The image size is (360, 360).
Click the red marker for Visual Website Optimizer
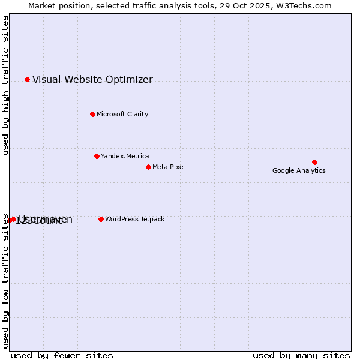click(x=27, y=79)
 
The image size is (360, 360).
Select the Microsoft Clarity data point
click(x=92, y=114)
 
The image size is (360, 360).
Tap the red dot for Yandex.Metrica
click(x=97, y=156)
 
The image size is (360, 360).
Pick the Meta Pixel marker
click(x=148, y=167)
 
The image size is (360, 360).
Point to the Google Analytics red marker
click(x=314, y=162)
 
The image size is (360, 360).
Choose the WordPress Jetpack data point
click(x=101, y=219)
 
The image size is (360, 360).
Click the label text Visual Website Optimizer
click(x=92, y=80)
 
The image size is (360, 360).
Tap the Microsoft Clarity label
click(x=122, y=114)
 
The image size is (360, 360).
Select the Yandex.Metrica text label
click(x=125, y=156)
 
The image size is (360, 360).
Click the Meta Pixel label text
click(x=169, y=167)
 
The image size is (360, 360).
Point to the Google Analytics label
click(x=299, y=170)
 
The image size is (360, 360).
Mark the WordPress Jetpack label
click(x=134, y=219)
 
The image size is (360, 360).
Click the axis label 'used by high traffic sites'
click(x=5, y=85)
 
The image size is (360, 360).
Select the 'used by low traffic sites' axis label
click(x=5, y=281)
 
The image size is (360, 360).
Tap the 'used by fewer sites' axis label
click(x=62, y=355)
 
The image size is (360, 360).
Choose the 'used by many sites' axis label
click(x=301, y=355)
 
